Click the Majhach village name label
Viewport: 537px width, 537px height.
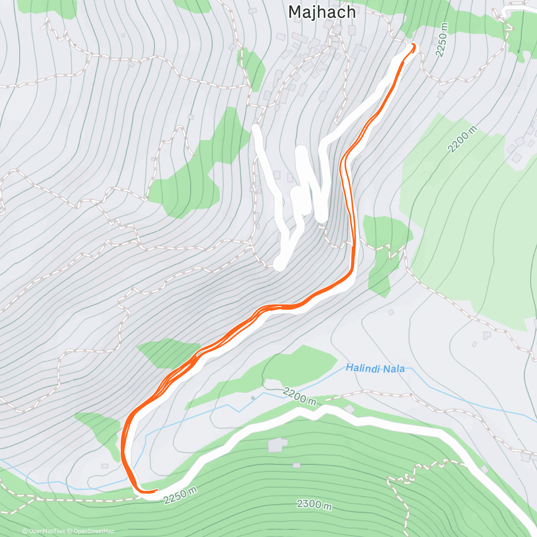(x=322, y=12)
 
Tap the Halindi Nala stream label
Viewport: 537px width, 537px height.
(x=375, y=369)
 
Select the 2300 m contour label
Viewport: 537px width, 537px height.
(x=315, y=504)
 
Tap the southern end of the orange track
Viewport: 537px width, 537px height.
(x=155, y=490)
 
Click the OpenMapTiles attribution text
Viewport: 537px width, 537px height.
(x=43, y=531)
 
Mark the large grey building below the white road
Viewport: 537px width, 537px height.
(x=277, y=444)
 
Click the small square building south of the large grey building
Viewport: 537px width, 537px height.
(x=296, y=465)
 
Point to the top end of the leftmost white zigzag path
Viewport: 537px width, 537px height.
(x=256, y=129)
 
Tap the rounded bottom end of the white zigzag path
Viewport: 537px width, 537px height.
(x=279, y=264)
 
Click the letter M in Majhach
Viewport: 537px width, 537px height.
(x=295, y=12)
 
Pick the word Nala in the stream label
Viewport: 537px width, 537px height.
(x=394, y=369)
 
